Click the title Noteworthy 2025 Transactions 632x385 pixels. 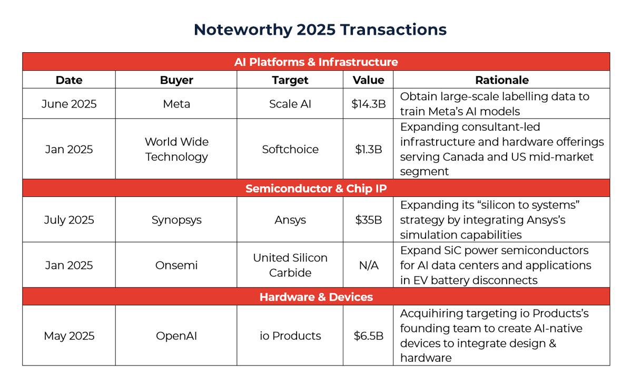[x=320, y=30]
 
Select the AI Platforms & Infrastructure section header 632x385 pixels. [x=316, y=62]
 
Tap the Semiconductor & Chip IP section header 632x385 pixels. [x=316, y=188]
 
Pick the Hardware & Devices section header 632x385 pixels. [x=316, y=297]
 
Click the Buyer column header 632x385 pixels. [x=176, y=80]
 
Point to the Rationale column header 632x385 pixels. [x=501, y=80]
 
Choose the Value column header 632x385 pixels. [x=368, y=80]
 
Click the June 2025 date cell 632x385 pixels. [x=69, y=104]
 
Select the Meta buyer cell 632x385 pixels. [x=176, y=104]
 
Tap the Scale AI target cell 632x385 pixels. [x=290, y=104]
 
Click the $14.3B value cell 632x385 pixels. [x=368, y=104]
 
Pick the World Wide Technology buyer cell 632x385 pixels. [x=176, y=149]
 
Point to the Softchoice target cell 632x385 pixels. [x=290, y=149]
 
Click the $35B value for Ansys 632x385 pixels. [x=368, y=220]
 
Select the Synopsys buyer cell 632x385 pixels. [x=176, y=220]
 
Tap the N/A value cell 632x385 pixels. [x=368, y=265]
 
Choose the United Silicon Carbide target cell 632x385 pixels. [x=290, y=265]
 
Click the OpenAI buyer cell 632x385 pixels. [x=176, y=336]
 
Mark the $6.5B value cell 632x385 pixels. [x=368, y=336]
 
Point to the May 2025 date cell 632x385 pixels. [x=69, y=336]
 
